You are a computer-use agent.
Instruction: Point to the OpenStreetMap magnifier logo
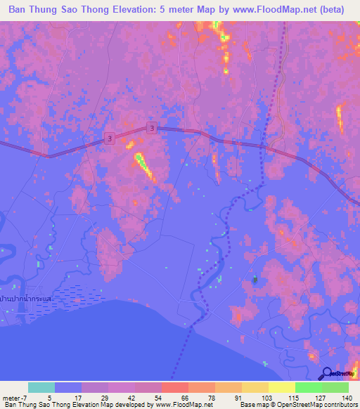[326, 375]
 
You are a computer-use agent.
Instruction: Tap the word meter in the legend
[12, 397]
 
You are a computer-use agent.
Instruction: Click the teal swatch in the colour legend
[41, 387]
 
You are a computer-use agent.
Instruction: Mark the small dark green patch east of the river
[255, 280]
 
